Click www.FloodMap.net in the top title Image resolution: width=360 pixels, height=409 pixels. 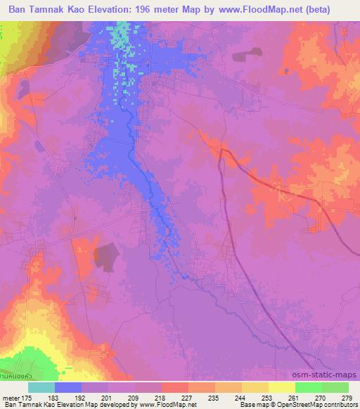(x=261, y=9)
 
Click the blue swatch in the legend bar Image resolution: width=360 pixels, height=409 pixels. (x=68, y=388)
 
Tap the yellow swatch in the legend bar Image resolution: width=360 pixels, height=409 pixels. (x=281, y=388)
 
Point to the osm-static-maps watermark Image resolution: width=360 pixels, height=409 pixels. (x=330, y=374)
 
